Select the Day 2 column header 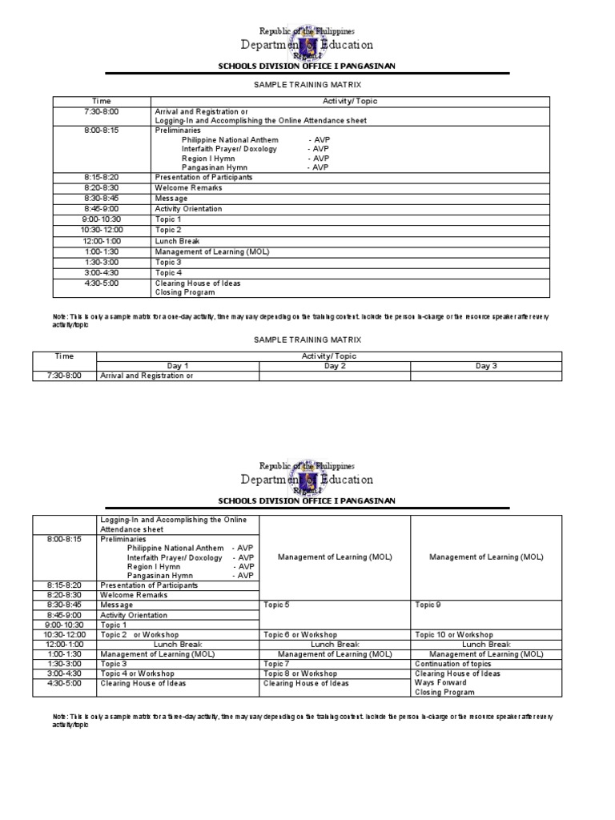(335, 365)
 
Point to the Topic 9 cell (428, 605)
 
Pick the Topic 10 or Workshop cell (454, 634)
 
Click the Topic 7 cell (276, 664)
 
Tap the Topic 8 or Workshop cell (300, 673)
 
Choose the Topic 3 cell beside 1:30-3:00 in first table (168, 262)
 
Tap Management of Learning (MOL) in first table (212, 251)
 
